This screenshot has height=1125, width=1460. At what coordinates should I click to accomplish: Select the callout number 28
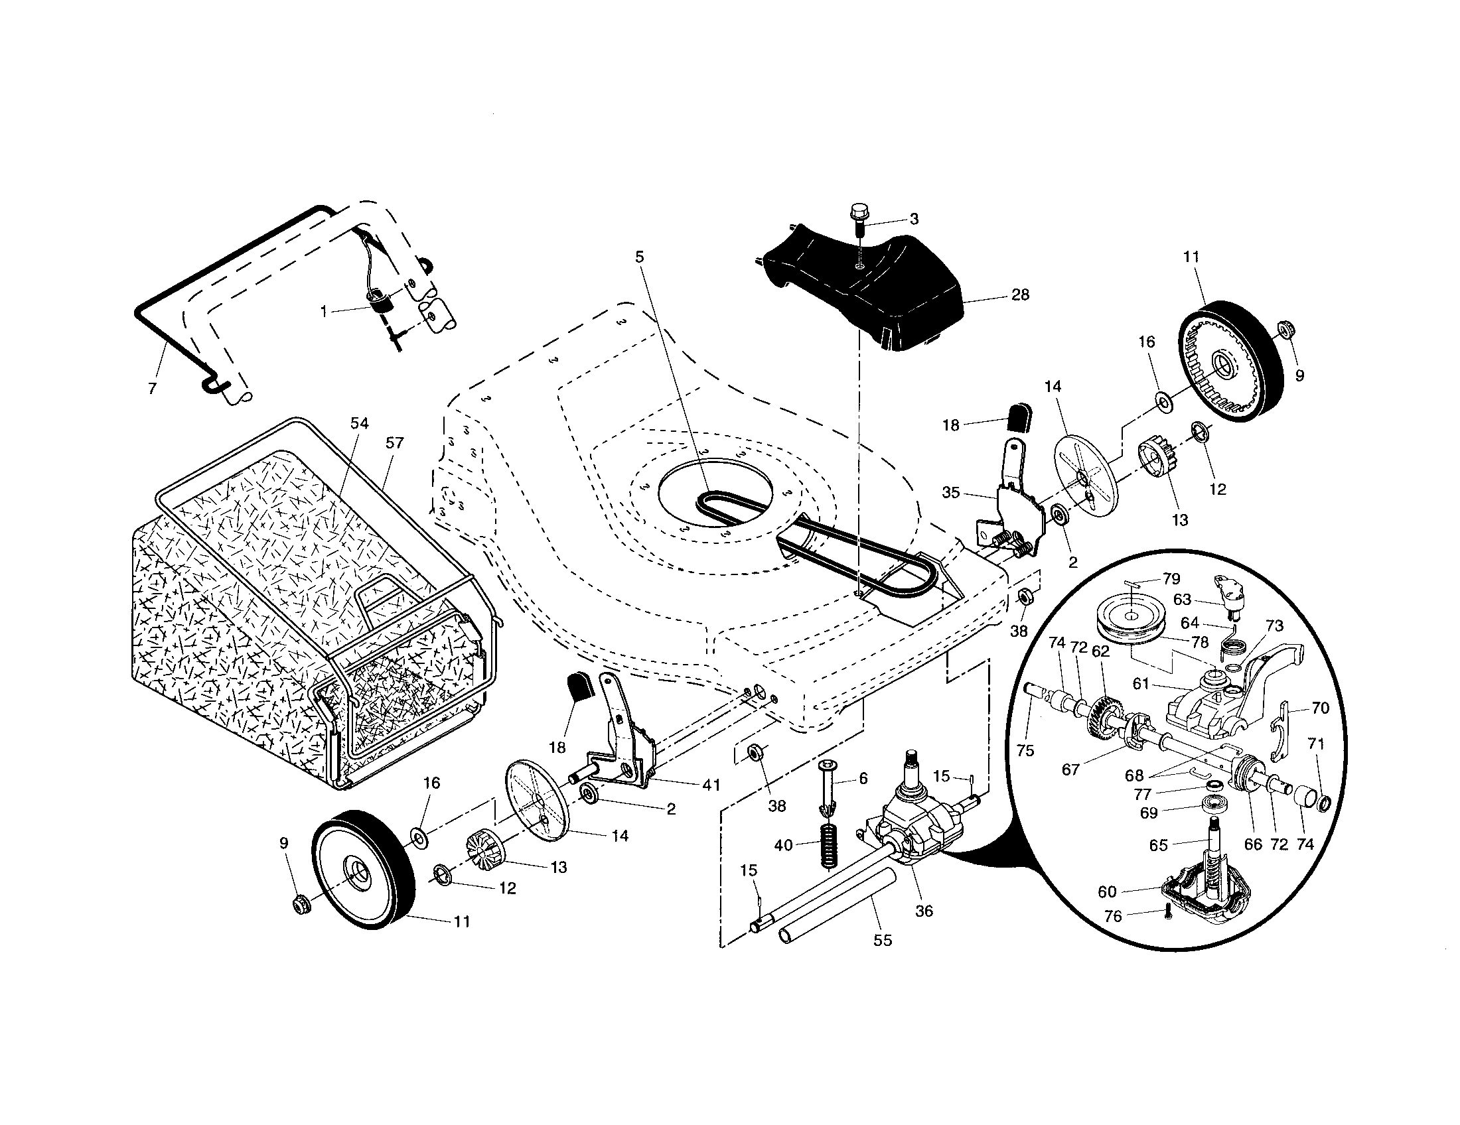tap(1020, 295)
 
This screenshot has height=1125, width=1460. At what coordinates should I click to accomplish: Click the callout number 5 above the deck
tap(640, 257)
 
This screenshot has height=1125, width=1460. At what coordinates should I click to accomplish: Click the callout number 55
tap(883, 940)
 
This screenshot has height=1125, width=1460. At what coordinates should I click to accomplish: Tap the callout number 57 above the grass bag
tap(394, 442)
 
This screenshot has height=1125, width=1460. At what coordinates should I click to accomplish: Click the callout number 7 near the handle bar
tap(153, 389)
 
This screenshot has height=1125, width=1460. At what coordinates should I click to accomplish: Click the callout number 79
tap(1171, 578)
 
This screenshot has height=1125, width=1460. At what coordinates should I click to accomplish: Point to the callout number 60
tap(1108, 892)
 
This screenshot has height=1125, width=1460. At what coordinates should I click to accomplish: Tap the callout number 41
tap(711, 785)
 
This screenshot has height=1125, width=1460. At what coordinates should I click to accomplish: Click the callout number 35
tap(950, 492)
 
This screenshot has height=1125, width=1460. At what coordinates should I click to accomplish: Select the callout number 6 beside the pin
tap(863, 778)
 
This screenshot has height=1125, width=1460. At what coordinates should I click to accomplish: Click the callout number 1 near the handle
tap(325, 311)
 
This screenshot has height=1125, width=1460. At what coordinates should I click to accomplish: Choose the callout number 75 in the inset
tap(1025, 750)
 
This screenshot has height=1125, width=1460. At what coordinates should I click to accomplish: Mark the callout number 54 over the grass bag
tap(359, 423)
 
